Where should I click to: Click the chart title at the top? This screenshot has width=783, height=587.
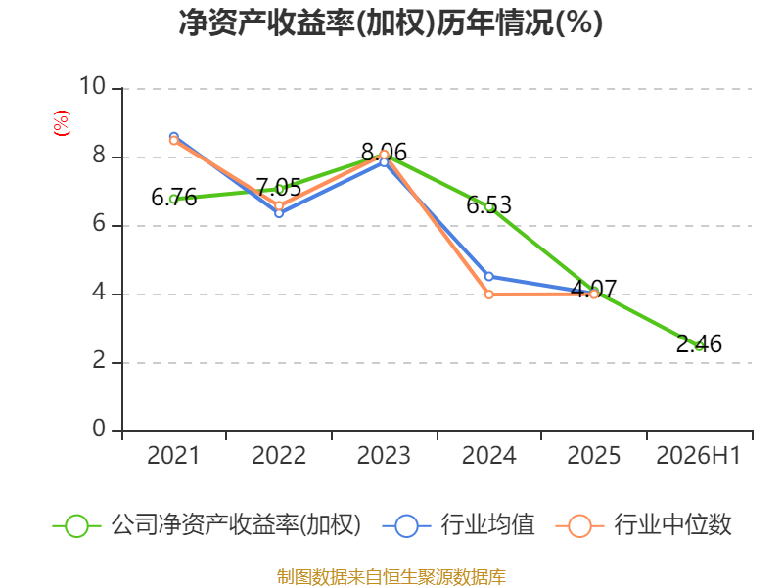coord(391,23)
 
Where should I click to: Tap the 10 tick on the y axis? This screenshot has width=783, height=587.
coord(92,86)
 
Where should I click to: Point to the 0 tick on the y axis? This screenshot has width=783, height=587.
coord(99,429)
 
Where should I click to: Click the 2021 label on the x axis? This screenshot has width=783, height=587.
coord(173,455)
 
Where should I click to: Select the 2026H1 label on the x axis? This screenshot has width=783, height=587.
coord(698,455)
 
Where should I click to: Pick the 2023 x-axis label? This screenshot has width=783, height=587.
coord(384,455)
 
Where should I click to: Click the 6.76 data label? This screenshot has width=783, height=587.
coord(174,198)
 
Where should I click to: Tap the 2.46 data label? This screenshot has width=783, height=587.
coord(699,344)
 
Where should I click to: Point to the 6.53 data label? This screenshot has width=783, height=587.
coord(488,205)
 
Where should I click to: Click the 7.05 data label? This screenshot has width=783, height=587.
coord(279,188)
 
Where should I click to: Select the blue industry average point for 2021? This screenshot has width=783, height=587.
coord(174,137)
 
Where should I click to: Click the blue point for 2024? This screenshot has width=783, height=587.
coord(488,277)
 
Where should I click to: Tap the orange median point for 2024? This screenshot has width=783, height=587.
coord(488,294)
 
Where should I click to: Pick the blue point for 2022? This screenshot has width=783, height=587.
coord(279,213)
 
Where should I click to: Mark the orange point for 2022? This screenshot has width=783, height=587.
coord(279,205)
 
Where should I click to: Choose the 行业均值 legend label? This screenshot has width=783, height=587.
coord(487,524)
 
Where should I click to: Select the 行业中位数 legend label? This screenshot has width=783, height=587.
coord(672,524)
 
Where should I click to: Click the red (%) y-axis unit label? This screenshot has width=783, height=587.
coord(62,123)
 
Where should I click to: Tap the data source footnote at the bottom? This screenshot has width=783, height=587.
coord(391,577)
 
